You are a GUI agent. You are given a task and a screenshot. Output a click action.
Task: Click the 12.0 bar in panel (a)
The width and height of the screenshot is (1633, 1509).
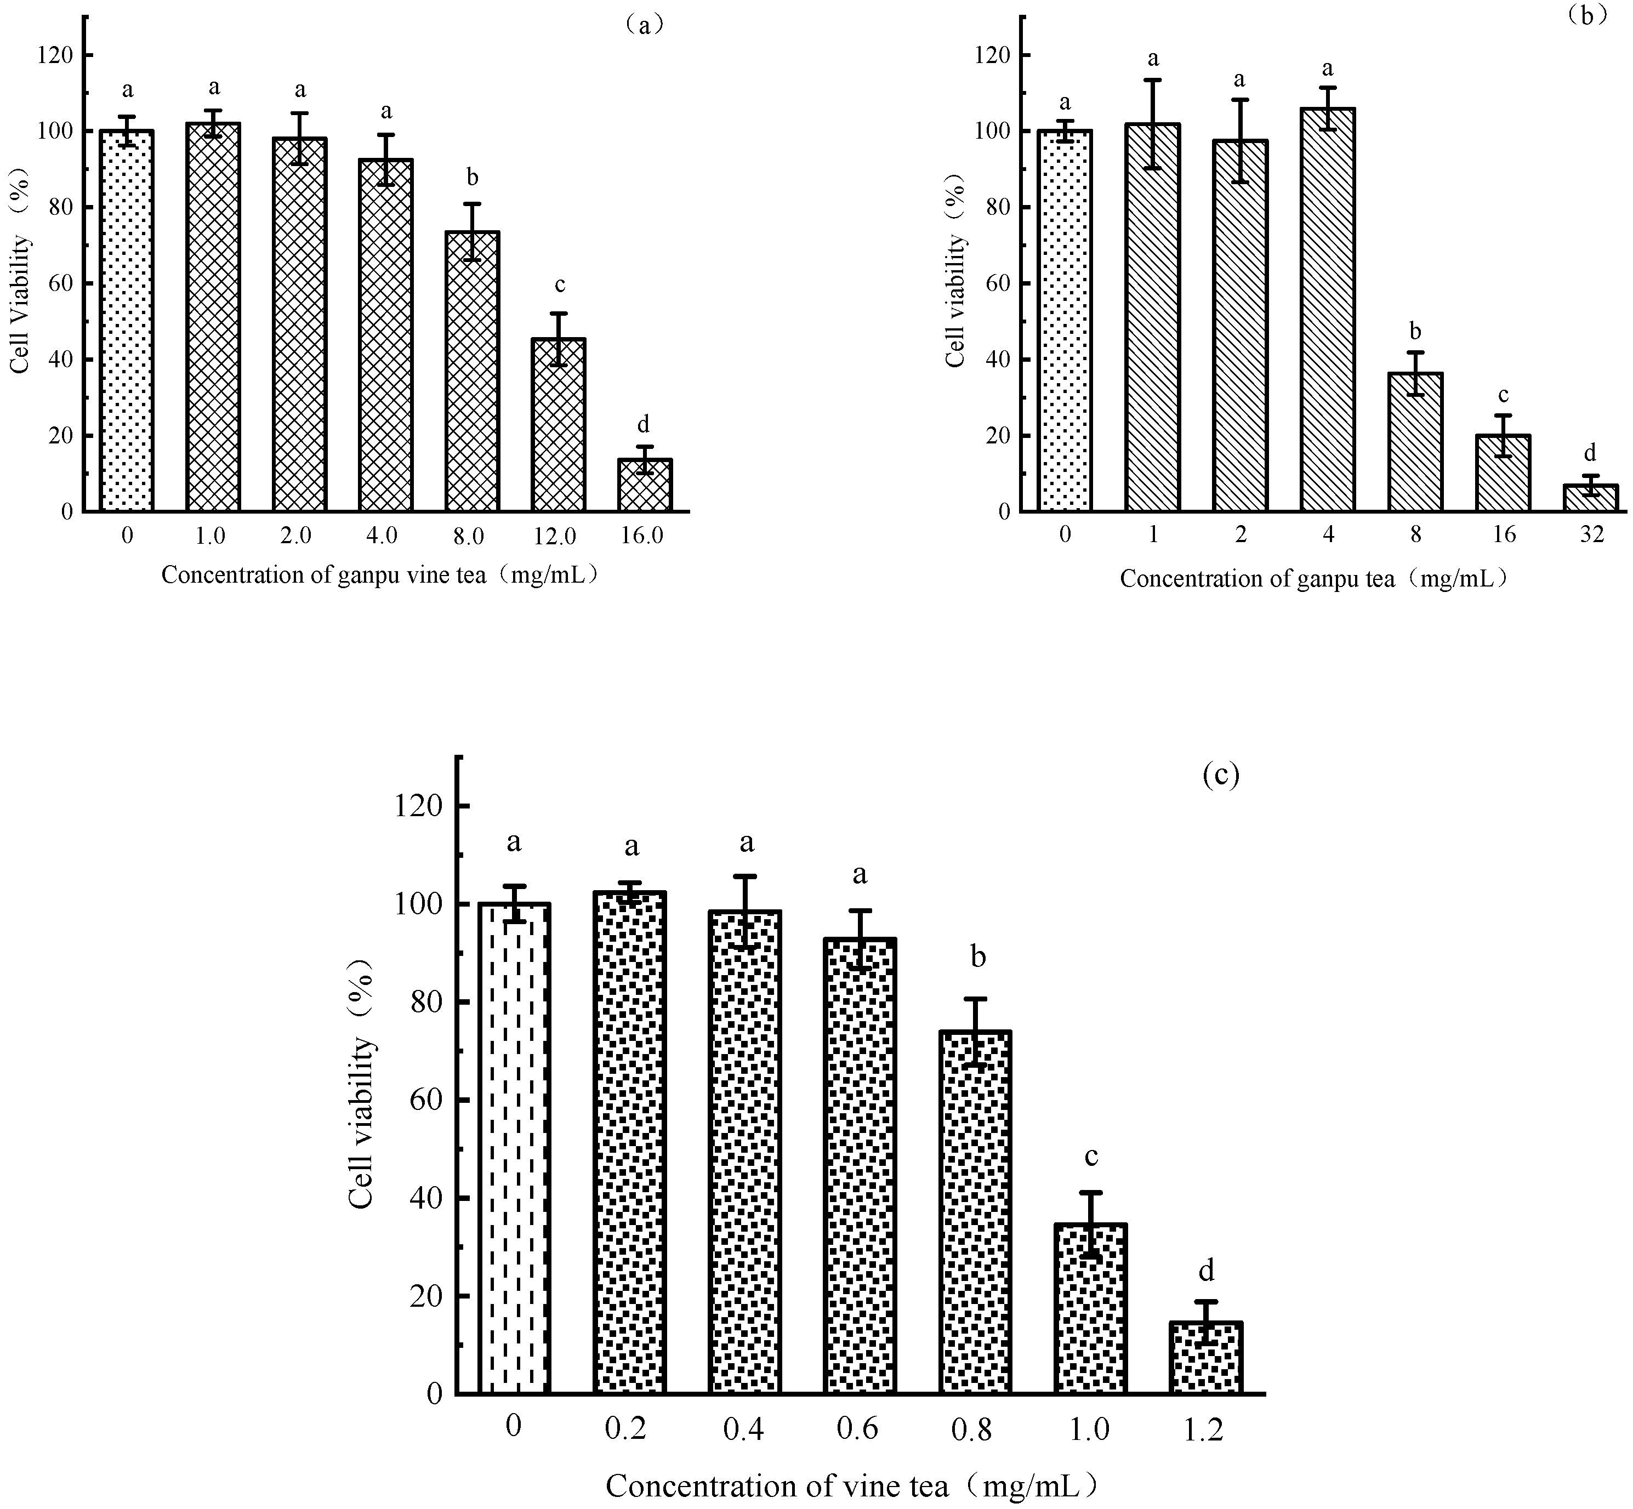point(559,425)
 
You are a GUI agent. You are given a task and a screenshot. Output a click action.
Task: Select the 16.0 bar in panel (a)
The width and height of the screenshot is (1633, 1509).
point(644,486)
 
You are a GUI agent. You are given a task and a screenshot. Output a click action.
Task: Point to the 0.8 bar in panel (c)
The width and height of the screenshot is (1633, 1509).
point(976,1212)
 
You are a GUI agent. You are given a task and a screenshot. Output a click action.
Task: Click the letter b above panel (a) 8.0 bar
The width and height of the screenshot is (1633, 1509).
point(472,177)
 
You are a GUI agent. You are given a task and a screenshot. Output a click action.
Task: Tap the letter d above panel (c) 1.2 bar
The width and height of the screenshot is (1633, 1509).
point(1206,1270)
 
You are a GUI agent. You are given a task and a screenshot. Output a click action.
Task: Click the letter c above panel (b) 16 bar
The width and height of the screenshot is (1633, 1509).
point(1503,395)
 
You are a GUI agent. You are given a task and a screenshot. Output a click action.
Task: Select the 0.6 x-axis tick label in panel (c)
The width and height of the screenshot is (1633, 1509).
point(857,1429)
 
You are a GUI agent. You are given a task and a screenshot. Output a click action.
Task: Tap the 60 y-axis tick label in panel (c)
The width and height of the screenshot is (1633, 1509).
point(424,1100)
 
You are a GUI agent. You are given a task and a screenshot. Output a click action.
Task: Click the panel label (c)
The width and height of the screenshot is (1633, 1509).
point(1221,774)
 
